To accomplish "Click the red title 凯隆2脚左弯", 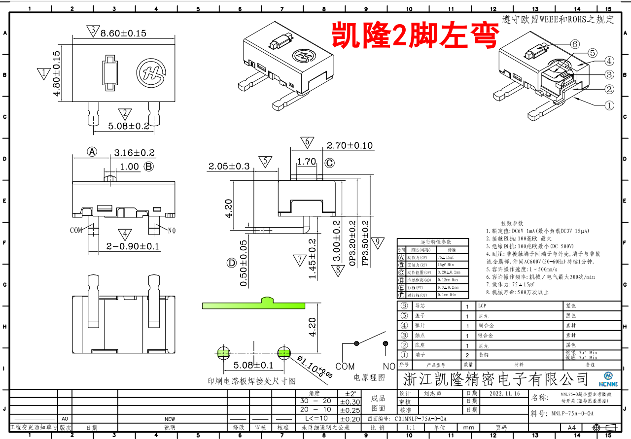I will [415, 34].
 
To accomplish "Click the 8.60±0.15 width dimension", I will [123, 33].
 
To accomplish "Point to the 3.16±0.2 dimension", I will [134, 153].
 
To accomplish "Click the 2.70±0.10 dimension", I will [350, 146].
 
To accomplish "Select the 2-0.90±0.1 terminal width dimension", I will [133, 246].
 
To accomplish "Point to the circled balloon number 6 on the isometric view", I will [575, 44].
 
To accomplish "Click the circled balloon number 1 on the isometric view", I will [609, 105].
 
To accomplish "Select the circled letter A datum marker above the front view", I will [92, 152].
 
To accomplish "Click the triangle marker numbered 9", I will [378, 242].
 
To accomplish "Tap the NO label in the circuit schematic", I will [389, 366].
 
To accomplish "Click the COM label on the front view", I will [76, 230].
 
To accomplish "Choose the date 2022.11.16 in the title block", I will [505, 394].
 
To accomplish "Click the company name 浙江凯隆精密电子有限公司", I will [496, 379].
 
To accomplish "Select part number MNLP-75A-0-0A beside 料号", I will [572, 413].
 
